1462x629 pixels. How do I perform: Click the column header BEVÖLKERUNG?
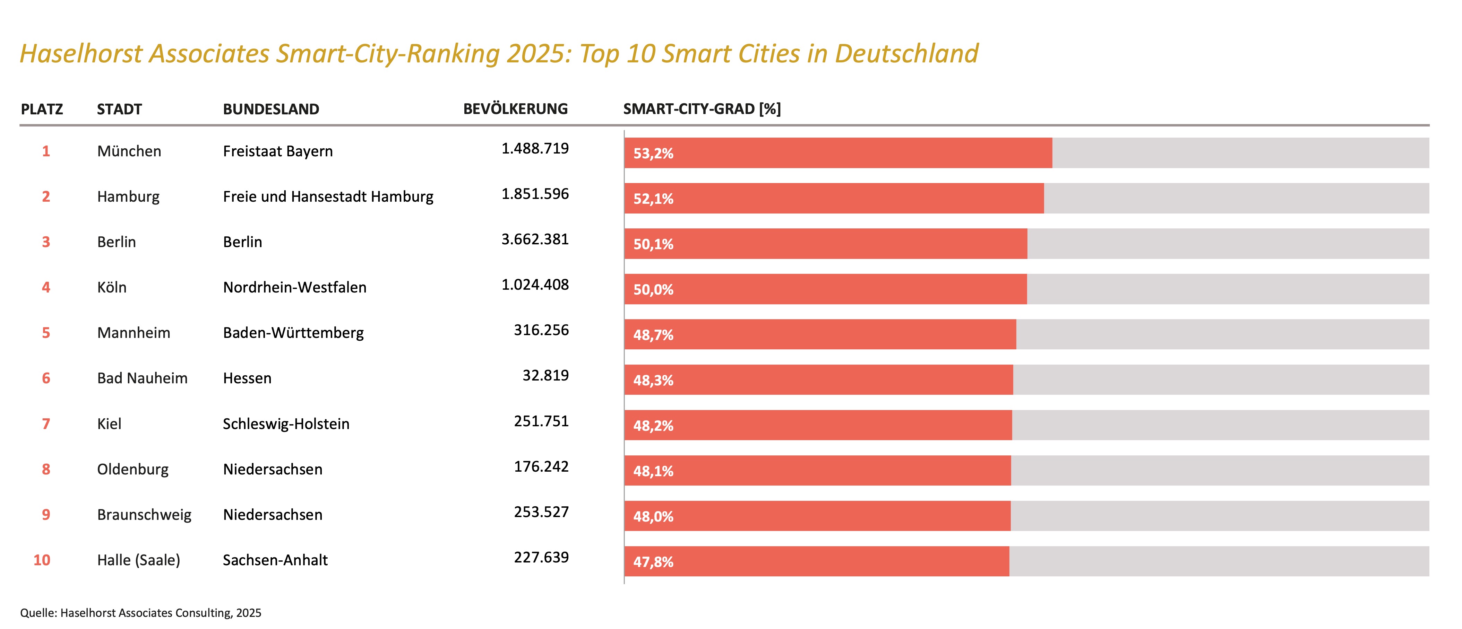[x=515, y=109]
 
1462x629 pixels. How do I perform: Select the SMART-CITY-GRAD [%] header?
[x=702, y=109]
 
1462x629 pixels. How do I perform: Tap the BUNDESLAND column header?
[x=271, y=109]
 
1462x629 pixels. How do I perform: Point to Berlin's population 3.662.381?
[x=535, y=239]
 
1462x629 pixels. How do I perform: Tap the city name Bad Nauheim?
[x=142, y=378]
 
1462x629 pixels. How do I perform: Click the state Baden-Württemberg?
[x=293, y=333]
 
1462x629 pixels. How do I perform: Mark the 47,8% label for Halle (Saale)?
[x=653, y=562]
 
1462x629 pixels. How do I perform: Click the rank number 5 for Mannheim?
[x=46, y=333]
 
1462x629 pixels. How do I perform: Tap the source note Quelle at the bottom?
[x=140, y=613]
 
